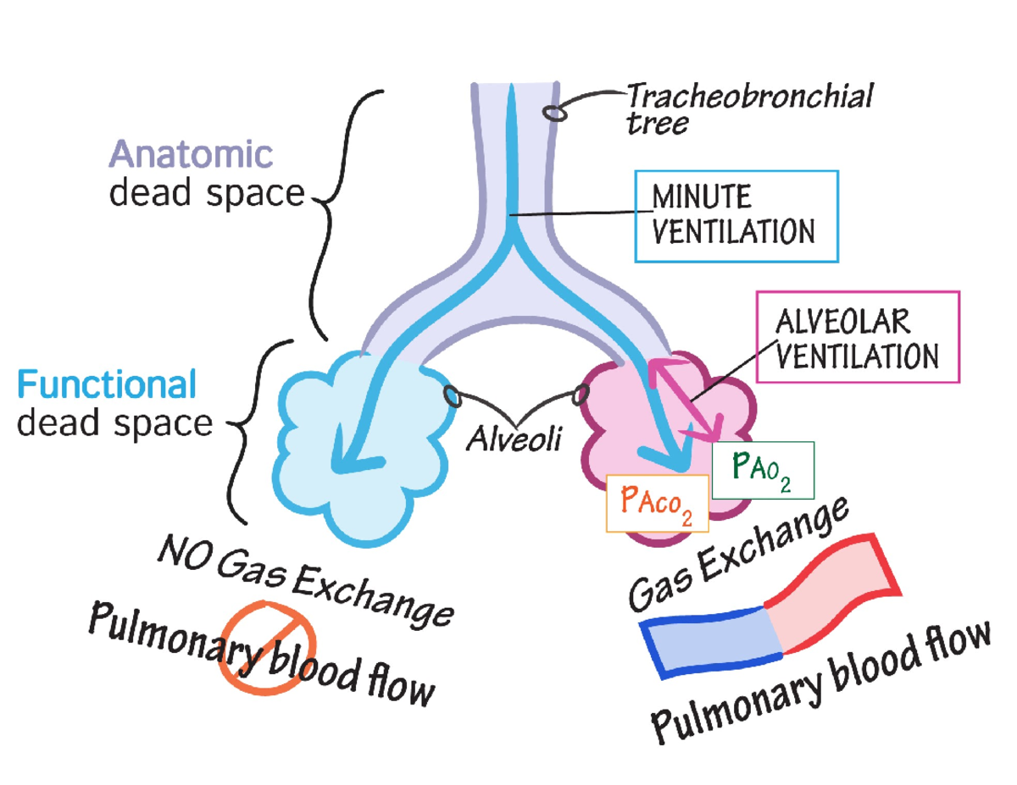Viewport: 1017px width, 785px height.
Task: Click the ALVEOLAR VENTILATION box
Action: click(x=857, y=337)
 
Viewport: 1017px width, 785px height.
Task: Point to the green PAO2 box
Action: click(x=763, y=471)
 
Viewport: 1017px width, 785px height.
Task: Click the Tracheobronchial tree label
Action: click(x=747, y=108)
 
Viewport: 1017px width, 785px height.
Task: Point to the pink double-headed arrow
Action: click(x=685, y=397)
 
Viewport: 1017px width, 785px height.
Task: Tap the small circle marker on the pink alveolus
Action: click(x=581, y=394)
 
